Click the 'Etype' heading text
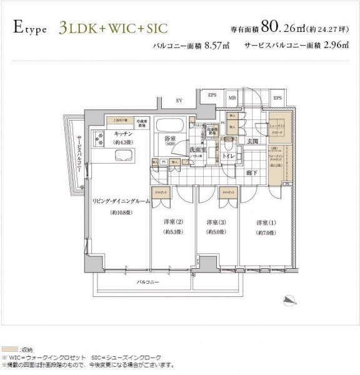tap(28, 27)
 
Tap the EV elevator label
tap(178, 100)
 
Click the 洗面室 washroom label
tap(198, 150)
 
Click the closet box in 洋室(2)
tap(159, 193)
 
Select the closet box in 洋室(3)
tap(226, 193)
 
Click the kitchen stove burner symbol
tap(99, 138)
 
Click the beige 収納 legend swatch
tap(9, 347)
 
